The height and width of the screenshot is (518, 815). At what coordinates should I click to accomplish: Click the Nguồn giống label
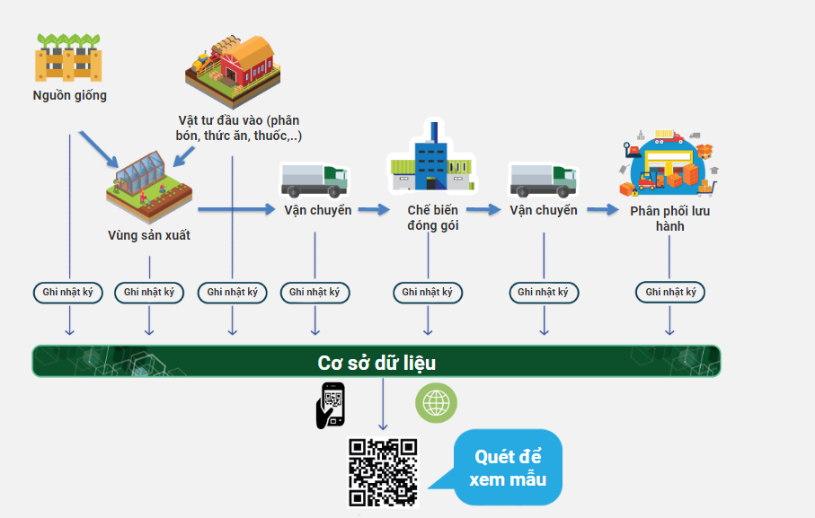point(69,95)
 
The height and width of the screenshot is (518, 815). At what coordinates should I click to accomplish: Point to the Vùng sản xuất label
point(148,235)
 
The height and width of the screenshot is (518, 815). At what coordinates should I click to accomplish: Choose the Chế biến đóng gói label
point(432,217)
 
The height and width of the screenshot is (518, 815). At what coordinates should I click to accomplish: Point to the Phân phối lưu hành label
point(669,218)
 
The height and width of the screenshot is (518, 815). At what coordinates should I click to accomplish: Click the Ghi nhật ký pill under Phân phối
point(670,292)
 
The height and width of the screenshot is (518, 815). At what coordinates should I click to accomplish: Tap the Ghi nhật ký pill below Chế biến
point(428,292)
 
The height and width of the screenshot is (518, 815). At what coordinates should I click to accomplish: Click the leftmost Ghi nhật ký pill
point(68,292)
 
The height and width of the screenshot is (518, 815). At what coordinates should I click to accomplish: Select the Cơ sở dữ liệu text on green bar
point(376,363)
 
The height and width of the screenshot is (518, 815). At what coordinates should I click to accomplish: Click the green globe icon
point(436,403)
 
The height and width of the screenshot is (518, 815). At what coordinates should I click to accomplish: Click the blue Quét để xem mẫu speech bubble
point(509,468)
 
